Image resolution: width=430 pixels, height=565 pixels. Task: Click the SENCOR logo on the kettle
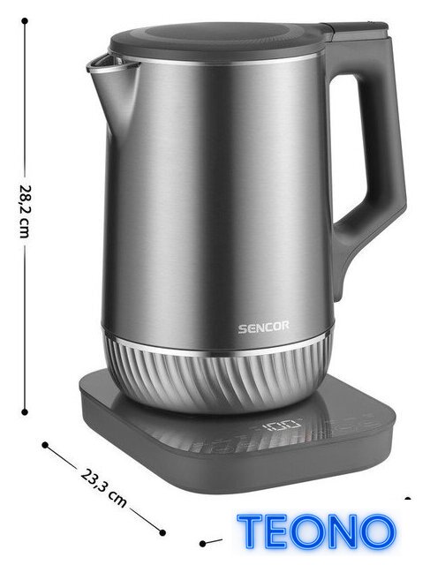tap(263, 328)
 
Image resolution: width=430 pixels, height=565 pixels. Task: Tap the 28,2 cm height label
tap(25, 212)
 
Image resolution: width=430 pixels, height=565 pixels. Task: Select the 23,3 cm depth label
tap(103, 488)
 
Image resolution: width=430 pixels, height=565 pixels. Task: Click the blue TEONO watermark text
tap(316, 531)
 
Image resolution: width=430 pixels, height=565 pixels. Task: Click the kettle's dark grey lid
tap(216, 41)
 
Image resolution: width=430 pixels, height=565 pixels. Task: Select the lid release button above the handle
tap(357, 29)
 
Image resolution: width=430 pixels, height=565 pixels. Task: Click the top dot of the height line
tap(25, 21)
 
